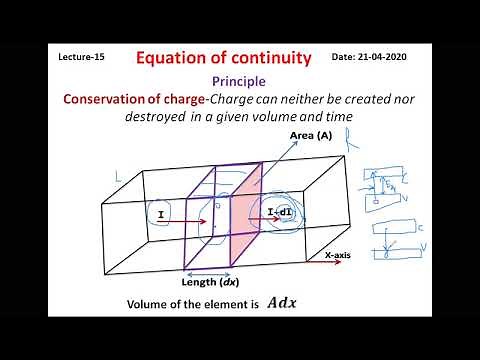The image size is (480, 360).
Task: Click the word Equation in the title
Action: click(x=174, y=58)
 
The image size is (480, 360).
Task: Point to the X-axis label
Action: click(x=342, y=256)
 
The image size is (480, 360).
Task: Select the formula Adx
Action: click(x=282, y=303)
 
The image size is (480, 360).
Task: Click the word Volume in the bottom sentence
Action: click(x=149, y=304)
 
